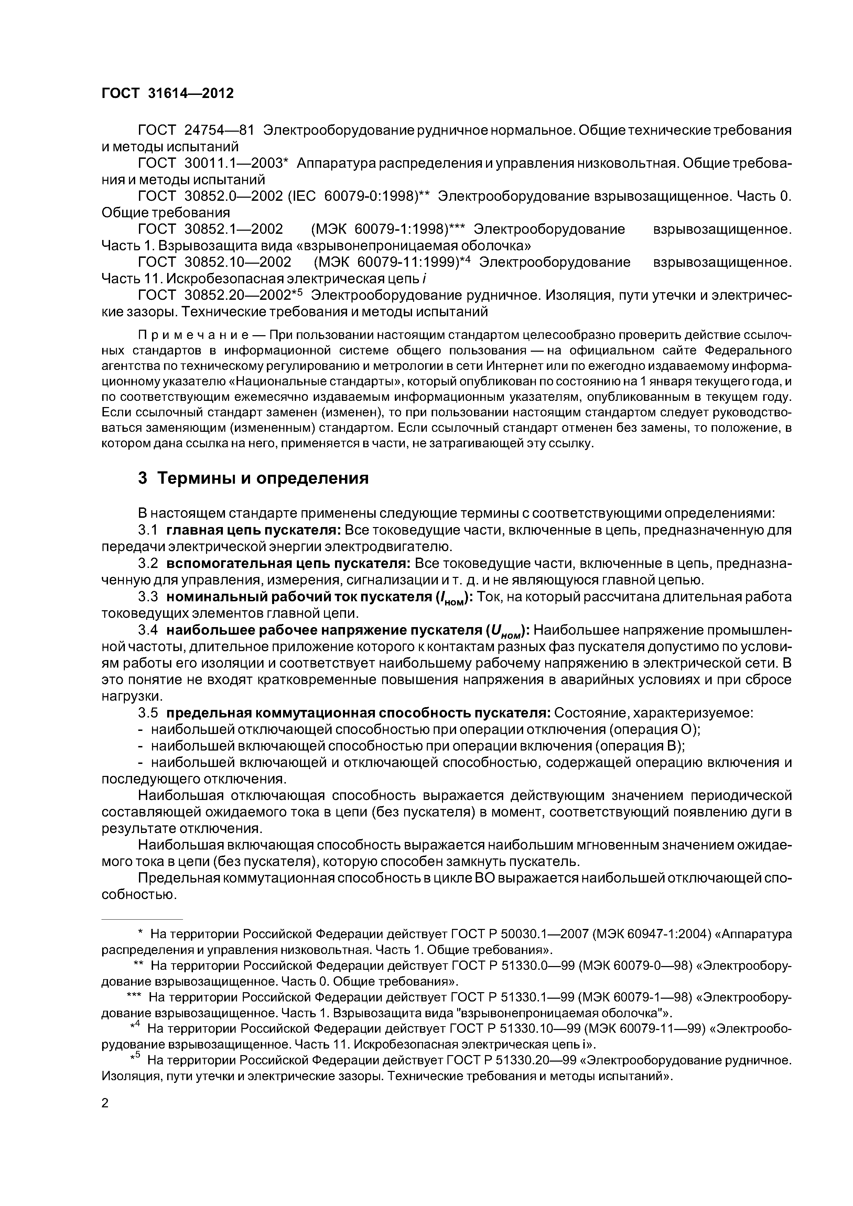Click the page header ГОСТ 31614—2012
[x=167, y=93]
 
